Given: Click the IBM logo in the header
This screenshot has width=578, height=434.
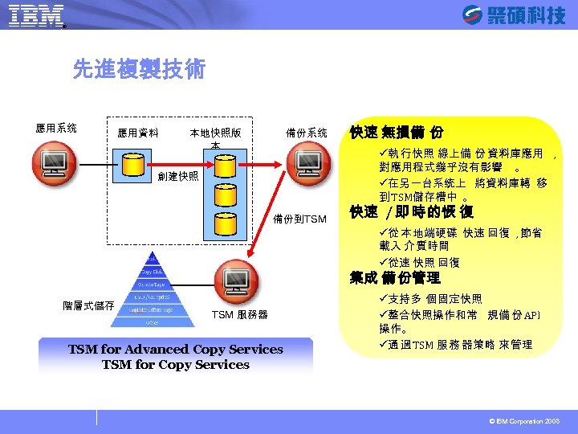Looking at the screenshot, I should pyautogui.click(x=36, y=15).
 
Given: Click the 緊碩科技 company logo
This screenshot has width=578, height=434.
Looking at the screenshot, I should pyautogui.click(x=514, y=15).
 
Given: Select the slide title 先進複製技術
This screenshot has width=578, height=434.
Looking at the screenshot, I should pyautogui.click(x=139, y=70).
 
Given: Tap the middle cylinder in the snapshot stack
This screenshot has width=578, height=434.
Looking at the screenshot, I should pyautogui.click(x=226, y=195).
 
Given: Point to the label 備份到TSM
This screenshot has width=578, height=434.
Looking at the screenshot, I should pyautogui.click(x=299, y=219).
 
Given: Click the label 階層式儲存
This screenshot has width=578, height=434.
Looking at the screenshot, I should pyautogui.click(x=88, y=305).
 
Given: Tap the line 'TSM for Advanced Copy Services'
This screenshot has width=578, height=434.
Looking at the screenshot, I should pyautogui.click(x=175, y=350).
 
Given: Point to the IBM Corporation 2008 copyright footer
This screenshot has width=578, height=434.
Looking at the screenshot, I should pyautogui.click(x=525, y=421).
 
